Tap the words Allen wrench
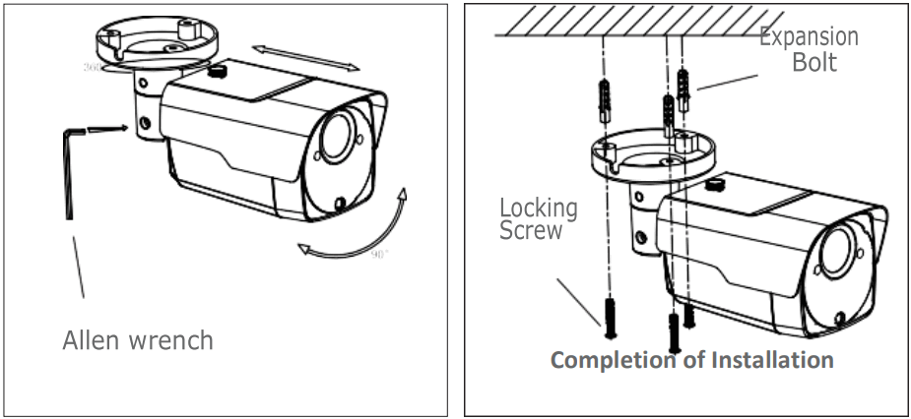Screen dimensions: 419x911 click(x=137, y=340)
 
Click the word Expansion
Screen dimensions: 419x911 click(x=808, y=37)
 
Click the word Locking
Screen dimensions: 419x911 click(x=538, y=208)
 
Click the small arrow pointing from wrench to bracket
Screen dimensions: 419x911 click(x=107, y=128)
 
